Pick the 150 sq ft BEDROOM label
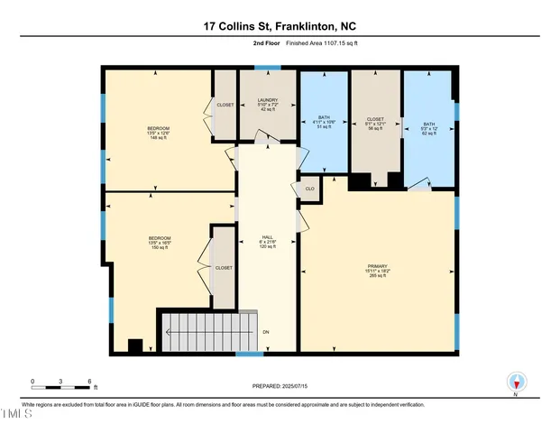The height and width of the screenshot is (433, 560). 158,242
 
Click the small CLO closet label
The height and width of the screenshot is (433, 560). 309,189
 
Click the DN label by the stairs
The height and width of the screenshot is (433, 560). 266,332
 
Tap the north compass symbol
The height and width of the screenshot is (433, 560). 515,382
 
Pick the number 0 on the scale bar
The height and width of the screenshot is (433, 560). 33,381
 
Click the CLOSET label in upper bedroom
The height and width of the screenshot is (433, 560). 225,105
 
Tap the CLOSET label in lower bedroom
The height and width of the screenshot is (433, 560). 223,268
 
